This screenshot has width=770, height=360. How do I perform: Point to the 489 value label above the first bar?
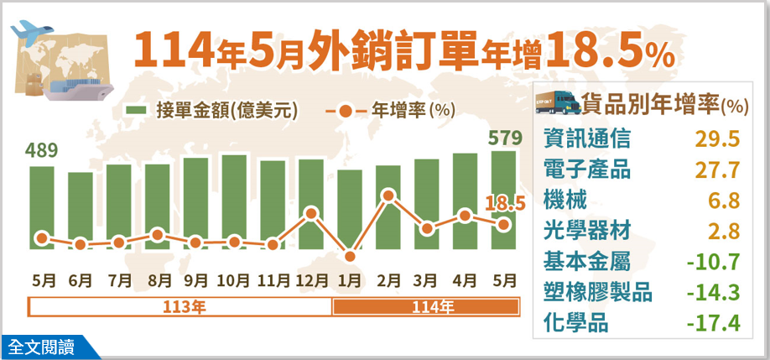(x=41, y=151)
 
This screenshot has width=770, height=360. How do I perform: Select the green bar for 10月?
(x=234, y=201)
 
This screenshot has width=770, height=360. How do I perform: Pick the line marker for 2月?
(x=388, y=196)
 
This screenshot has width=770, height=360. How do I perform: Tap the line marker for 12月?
(x=311, y=213)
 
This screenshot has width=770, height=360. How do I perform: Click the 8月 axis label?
(x=156, y=279)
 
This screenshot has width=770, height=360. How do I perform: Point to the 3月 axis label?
(x=427, y=279)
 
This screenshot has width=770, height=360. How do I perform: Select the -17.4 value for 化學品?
(x=712, y=323)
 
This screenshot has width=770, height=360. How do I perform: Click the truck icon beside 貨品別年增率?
(x=558, y=102)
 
